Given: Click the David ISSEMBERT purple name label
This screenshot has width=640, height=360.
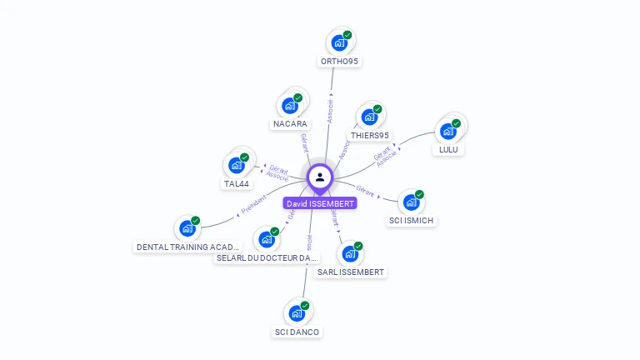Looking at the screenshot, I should pyautogui.click(x=320, y=203).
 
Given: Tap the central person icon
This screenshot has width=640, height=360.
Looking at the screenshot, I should pyautogui.click(x=320, y=177).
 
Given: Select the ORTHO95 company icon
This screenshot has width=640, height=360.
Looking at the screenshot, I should pyautogui.click(x=339, y=42).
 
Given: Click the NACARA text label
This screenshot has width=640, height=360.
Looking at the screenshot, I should pyautogui.click(x=290, y=124).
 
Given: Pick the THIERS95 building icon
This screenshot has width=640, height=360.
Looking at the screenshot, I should pyautogui.click(x=368, y=117).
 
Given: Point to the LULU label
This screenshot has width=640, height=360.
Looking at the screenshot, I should pyautogui.click(x=448, y=150).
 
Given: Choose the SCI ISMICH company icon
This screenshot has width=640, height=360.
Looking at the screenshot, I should pyautogui.click(x=411, y=202).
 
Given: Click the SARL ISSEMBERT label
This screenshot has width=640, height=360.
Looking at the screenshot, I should pyautogui.click(x=351, y=272).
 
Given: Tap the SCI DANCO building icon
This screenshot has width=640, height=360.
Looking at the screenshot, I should pyautogui.click(x=297, y=314).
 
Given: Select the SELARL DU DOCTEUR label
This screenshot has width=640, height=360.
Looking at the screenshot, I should pyautogui.click(x=267, y=258).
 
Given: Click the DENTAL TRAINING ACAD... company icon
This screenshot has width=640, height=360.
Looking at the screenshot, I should pyautogui.click(x=187, y=228).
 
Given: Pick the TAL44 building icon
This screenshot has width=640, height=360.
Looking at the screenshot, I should pyautogui.click(x=236, y=165).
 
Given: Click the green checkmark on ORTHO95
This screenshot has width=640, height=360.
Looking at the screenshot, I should pyautogui.click(x=347, y=35).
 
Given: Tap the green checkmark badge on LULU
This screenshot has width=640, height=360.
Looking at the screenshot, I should pyautogui.click(x=457, y=123).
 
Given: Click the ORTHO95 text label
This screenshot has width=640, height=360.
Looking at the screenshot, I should pyautogui.click(x=339, y=62).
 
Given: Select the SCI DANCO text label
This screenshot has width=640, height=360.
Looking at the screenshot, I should pyautogui.click(x=297, y=332).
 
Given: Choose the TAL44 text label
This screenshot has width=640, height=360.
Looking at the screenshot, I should pyautogui.click(x=236, y=184).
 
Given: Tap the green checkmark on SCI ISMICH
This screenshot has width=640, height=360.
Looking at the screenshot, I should pyautogui.click(x=419, y=194).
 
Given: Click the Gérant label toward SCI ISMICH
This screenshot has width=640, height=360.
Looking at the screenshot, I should pyautogui.click(x=365, y=189).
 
